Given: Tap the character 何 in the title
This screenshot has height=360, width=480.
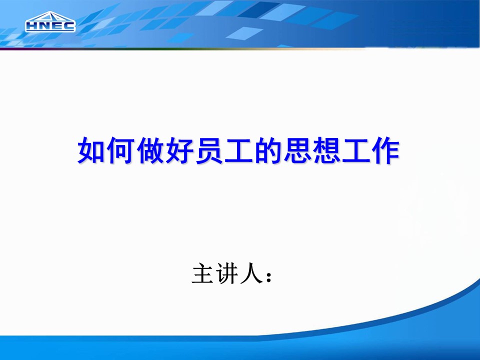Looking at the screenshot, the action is pos(120,150).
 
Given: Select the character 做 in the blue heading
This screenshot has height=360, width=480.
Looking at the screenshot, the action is pos(150,150).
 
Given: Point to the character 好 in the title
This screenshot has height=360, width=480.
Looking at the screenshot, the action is pos(179,150).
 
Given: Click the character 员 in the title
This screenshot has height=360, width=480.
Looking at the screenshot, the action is pos(209,150).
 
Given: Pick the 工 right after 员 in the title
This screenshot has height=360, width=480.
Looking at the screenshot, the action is pos(238,150).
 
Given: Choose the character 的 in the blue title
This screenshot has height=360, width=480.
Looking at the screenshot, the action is pos(268,150).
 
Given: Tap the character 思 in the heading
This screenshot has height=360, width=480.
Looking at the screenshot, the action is pos(297,150).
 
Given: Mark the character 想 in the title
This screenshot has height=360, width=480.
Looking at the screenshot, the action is pos(326,150).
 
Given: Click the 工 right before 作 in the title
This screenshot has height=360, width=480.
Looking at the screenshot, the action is pos(356,150).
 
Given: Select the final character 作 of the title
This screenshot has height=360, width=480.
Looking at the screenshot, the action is pos(385,150).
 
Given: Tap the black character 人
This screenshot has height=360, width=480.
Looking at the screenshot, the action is pos(251,273).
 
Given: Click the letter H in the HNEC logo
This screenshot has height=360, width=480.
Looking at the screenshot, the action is pos(32,26).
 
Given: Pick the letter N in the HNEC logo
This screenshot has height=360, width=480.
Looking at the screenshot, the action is pos(44,26).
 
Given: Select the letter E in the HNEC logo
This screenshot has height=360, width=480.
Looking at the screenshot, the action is pos(56,26).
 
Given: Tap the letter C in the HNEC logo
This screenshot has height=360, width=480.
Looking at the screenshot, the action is pos(68,26).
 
